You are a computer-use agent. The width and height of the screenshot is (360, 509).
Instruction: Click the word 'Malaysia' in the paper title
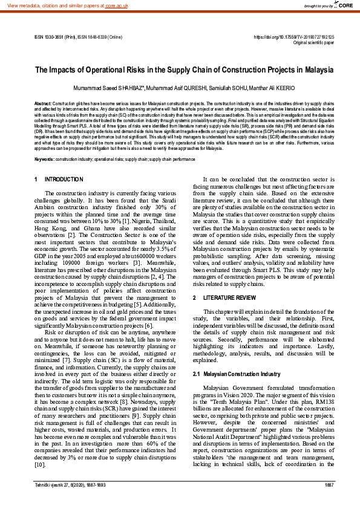pos(307,70)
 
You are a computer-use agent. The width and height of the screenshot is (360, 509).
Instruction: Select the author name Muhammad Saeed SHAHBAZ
pos(104,88)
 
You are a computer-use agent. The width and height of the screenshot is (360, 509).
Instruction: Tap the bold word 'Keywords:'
pos(45,159)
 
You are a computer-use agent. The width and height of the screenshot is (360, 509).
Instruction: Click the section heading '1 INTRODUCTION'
pos(59,180)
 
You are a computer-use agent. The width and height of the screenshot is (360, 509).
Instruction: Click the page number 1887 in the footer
pos(329,502)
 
